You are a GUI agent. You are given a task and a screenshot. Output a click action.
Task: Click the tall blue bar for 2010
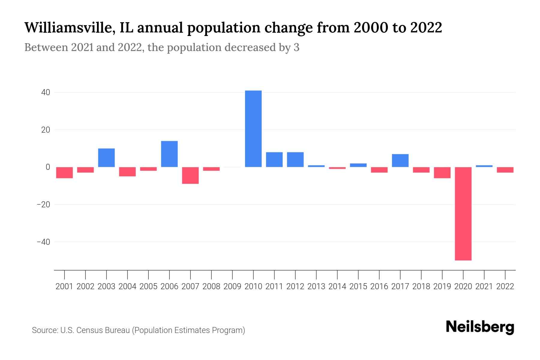(253, 129)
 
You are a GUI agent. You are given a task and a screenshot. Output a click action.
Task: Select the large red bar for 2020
(463, 214)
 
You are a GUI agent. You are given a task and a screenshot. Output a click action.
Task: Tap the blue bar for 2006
(169, 154)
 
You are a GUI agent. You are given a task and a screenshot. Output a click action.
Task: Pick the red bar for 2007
(190, 175)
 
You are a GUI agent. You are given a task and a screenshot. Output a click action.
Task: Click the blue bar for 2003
(106, 158)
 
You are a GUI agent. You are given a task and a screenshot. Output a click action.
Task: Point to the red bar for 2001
(64, 172)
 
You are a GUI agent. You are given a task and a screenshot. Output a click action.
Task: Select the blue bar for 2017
(400, 160)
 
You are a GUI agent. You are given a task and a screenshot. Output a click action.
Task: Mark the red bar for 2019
(442, 172)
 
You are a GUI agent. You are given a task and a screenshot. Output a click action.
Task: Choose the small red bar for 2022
(505, 170)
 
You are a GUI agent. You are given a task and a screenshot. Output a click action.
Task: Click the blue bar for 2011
(274, 160)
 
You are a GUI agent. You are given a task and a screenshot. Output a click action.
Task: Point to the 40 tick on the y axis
(46, 92)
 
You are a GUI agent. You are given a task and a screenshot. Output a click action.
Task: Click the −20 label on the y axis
(43, 205)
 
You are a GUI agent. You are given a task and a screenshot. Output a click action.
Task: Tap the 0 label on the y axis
(48, 167)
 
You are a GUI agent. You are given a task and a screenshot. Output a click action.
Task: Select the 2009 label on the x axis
(232, 286)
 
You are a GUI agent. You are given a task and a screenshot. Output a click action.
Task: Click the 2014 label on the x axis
(337, 286)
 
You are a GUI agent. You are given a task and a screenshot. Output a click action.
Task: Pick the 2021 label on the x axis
(484, 286)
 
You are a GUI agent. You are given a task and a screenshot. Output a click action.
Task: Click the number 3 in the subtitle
(296, 47)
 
